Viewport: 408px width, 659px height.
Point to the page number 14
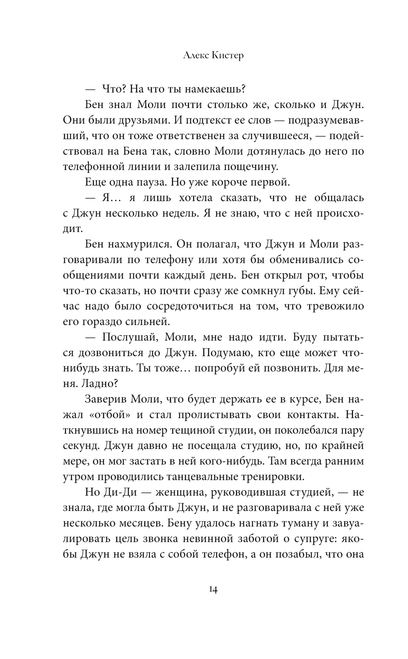coord(213,590)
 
